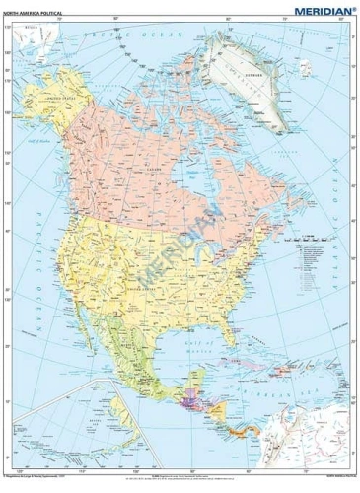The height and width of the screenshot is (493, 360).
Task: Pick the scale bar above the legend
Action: coord(314,236)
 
